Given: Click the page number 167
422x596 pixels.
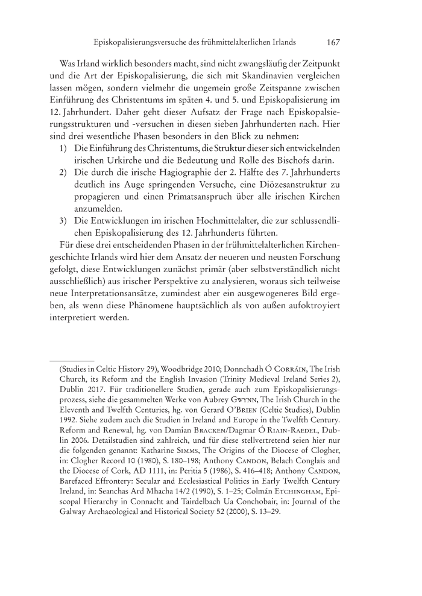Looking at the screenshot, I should point(333,43).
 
